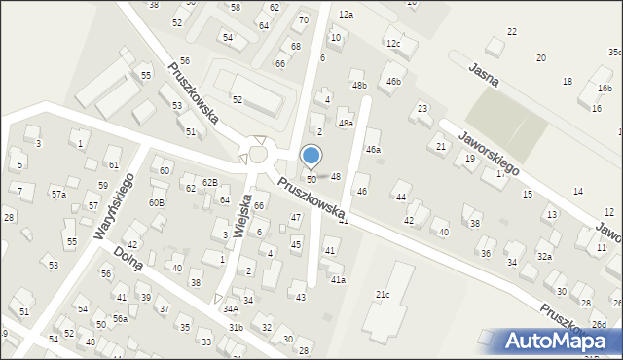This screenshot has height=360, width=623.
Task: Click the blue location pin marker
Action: pos(311,156)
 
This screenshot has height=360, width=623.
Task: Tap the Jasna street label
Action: pos(483,75)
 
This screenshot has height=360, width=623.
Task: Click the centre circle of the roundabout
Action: pos(258,155)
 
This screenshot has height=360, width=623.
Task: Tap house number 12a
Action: pos(346,15)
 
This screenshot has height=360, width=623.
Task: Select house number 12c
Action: pos(392,44)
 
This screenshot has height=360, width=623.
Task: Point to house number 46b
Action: pos(393,81)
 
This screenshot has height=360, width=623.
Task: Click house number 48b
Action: pos(359,86)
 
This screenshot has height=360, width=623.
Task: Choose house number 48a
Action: pos(346,124)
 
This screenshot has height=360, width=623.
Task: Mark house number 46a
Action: pos(373,150)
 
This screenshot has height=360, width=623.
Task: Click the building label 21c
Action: pos(384,294)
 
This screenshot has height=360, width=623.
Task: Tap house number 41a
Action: pos(338,279)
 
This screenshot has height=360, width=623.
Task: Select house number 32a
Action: pos(545,257)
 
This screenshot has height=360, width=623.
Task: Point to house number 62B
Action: pos(209,182)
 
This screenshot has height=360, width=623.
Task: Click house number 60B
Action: pos(156,202)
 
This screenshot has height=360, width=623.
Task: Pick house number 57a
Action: pos(58,195)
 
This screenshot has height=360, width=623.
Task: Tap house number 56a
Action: pos(120,318)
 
